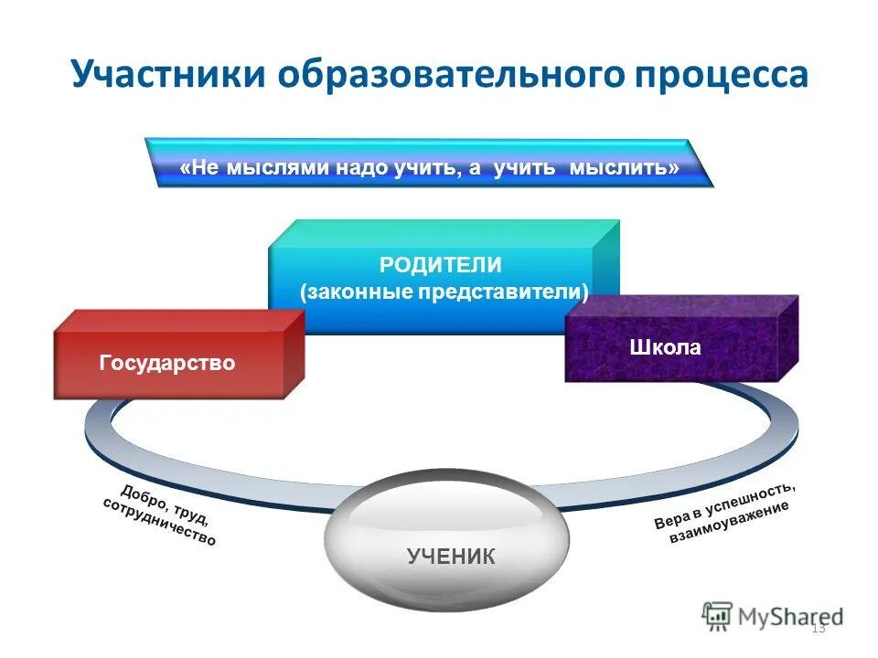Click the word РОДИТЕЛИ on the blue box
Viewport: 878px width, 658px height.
point(441,265)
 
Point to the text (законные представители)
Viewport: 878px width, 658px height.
point(444,292)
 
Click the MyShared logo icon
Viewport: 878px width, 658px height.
point(718,615)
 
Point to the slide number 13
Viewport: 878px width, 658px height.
point(818,628)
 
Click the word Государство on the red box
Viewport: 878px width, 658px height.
point(167,364)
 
